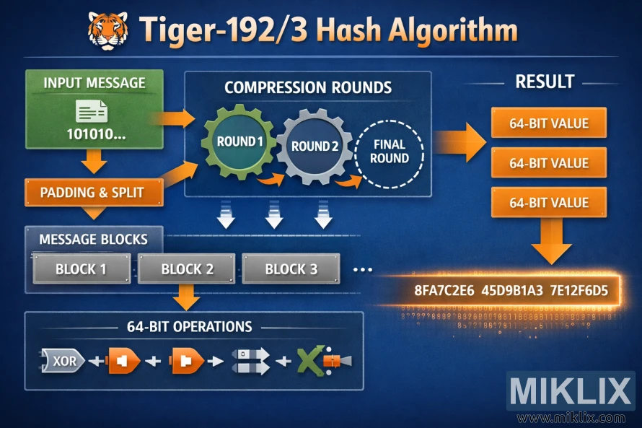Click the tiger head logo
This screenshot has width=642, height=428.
tap(107, 30)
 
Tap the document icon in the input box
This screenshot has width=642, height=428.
tap(92, 110)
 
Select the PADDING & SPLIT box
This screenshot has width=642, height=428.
tap(92, 192)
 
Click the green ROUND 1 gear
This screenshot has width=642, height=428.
tap(239, 141)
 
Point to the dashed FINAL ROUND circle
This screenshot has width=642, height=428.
tap(390, 152)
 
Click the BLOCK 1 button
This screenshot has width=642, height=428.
tap(81, 270)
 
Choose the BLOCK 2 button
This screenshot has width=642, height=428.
tap(187, 270)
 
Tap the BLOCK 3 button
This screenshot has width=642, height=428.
tap(291, 270)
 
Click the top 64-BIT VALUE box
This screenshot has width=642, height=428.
tap(548, 123)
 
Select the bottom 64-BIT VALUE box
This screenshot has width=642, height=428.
tap(548, 203)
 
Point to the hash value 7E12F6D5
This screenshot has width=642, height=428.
tap(579, 292)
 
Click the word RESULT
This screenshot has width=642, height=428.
tap(545, 82)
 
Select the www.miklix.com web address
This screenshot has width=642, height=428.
tap(571, 418)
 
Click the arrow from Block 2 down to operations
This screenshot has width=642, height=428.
tap(187, 296)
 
